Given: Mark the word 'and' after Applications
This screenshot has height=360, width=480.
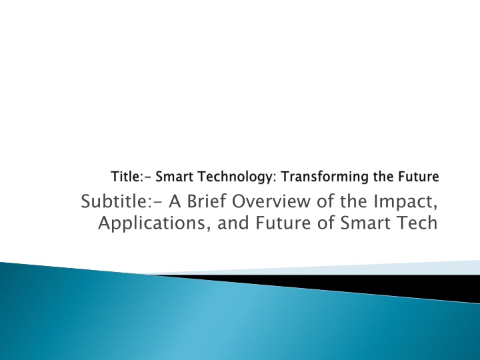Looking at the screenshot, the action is coord(233,223).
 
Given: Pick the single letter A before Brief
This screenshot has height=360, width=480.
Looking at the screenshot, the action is coord(175,201).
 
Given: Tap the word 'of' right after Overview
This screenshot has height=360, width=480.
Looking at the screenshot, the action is coord(325,201).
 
